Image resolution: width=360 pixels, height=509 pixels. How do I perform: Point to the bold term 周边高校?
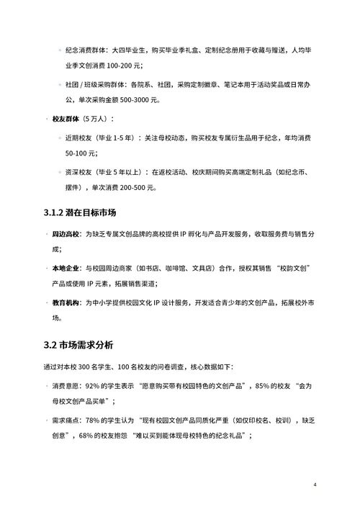66,234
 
